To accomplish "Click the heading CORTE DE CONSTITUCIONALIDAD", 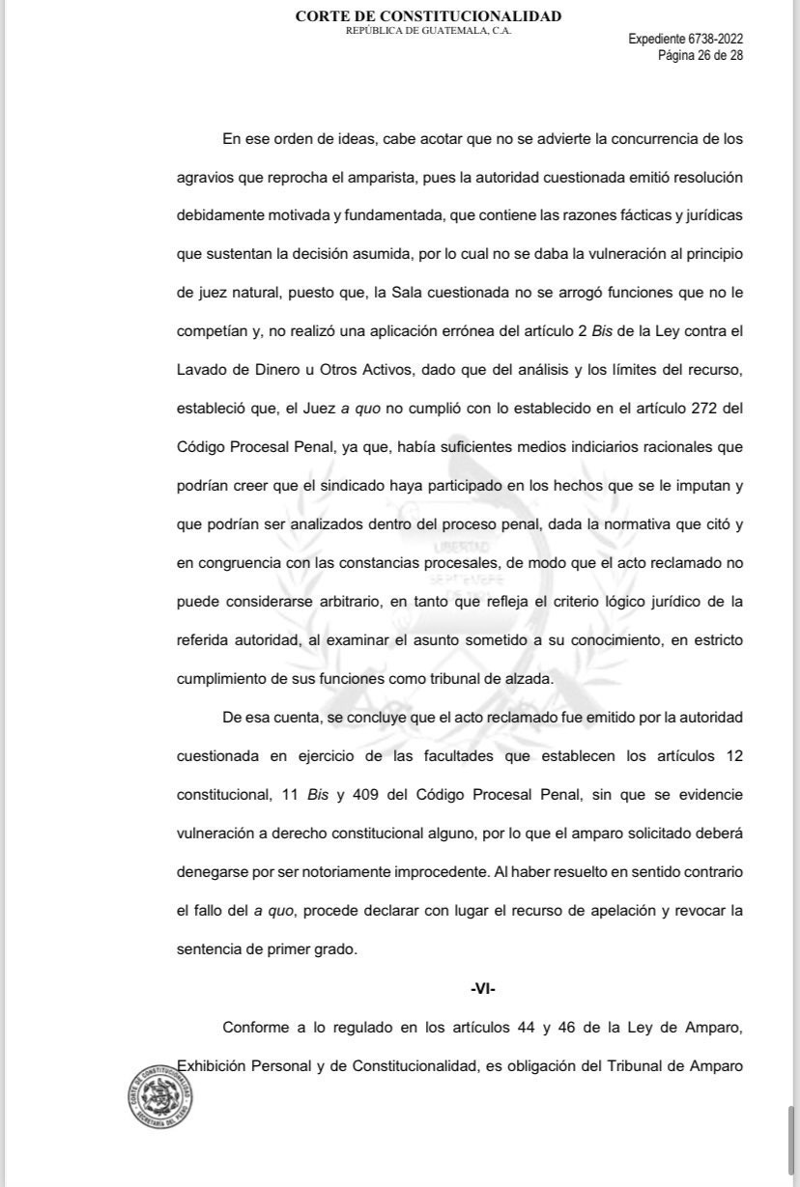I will pos(428,16).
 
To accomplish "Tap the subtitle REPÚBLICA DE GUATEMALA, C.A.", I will pos(428,31).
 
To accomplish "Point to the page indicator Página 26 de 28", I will pos(700,55).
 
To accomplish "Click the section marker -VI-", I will pos(483,989).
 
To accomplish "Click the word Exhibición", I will pos(214,1066).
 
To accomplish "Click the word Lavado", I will pos(202,369).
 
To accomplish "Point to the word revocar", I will pos(691,911).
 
